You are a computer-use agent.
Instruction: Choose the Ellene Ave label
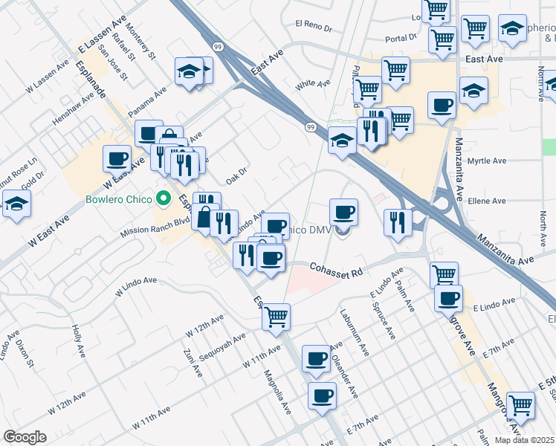(488, 201)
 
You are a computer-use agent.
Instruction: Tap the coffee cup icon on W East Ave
(117, 158)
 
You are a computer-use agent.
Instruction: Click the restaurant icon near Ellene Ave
(398, 222)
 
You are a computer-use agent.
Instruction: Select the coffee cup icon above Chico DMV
(343, 213)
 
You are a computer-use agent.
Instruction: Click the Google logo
(25, 437)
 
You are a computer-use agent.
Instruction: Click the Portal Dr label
(401, 39)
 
